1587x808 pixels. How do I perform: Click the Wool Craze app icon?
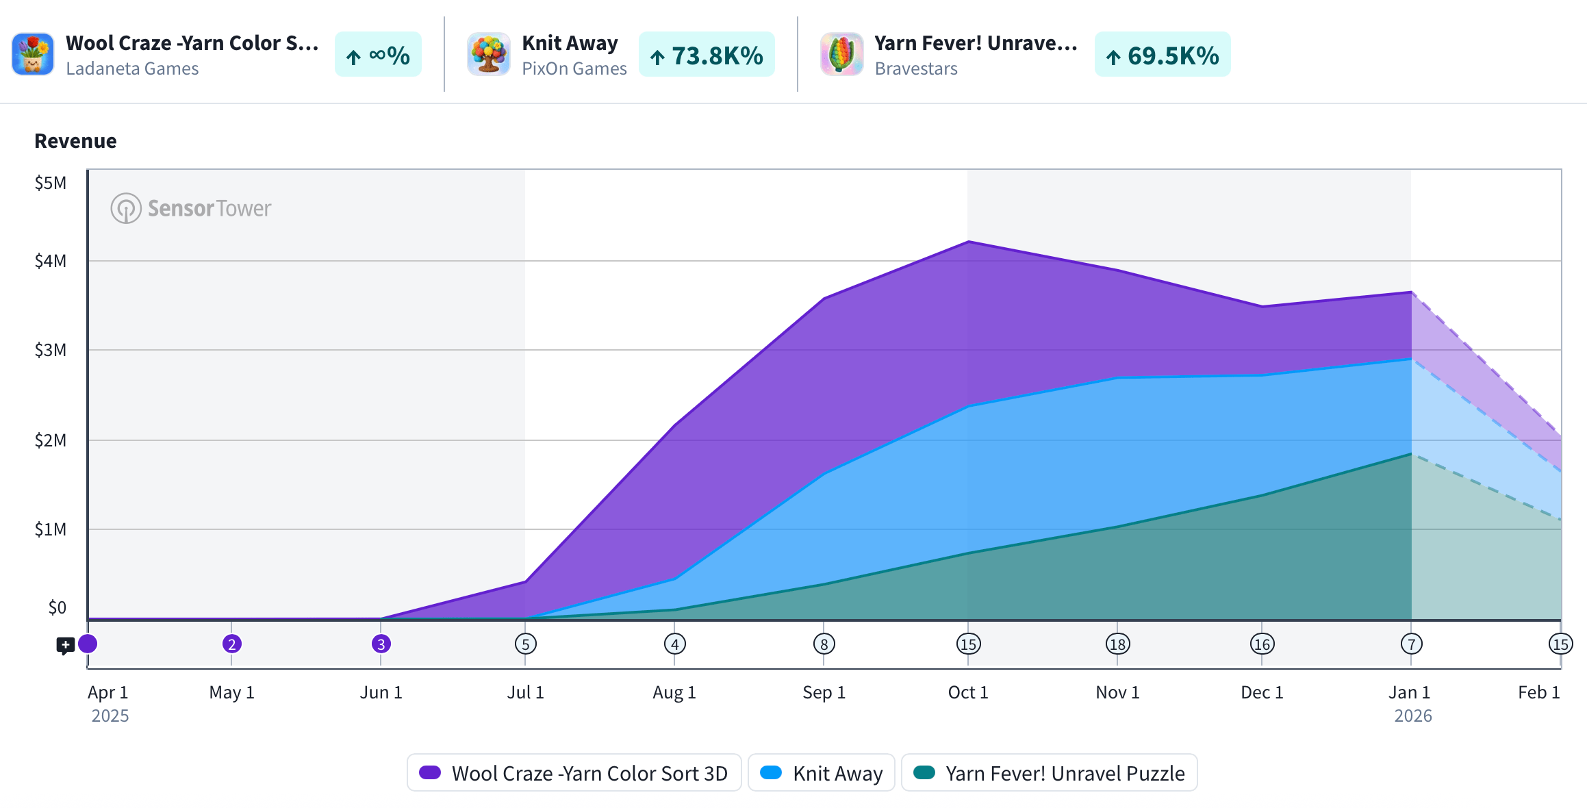[33, 54]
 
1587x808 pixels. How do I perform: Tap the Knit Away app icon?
[488, 54]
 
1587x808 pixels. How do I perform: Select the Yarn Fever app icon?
[841, 54]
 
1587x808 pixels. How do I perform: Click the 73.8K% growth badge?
[707, 55]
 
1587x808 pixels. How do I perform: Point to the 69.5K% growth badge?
[1162, 55]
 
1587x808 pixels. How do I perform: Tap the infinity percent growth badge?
[378, 55]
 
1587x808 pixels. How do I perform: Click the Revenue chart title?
[75, 141]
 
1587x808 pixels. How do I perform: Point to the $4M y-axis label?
[51, 261]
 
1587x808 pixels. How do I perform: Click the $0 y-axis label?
[57, 607]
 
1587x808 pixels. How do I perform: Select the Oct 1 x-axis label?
[967, 692]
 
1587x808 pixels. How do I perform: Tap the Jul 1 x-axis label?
[525, 692]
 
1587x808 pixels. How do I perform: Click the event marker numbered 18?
[1117, 644]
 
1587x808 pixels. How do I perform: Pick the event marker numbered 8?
[824, 644]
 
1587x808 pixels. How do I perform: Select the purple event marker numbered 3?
[381, 644]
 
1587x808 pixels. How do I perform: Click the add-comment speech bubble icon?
[65, 645]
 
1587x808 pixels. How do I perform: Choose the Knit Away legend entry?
[822, 773]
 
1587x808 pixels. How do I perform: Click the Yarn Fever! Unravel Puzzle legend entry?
[1050, 773]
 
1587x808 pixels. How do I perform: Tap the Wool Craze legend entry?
[574, 773]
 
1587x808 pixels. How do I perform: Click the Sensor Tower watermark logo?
[191, 208]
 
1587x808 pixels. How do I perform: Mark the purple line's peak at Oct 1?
[968, 242]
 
